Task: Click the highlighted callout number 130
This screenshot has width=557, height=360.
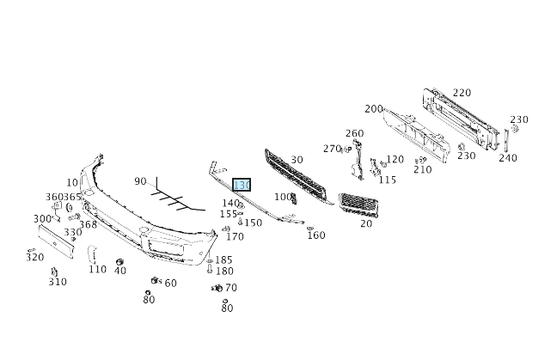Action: (242, 185)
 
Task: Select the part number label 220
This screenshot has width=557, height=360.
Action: (462, 93)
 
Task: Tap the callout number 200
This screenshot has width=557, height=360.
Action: (373, 109)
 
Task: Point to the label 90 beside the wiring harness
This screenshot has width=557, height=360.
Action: (140, 181)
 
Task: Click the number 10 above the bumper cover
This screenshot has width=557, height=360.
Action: (71, 182)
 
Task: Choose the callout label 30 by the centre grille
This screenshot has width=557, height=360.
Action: (297, 160)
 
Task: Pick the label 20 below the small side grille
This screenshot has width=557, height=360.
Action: (366, 223)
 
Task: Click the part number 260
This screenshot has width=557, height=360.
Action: (354, 133)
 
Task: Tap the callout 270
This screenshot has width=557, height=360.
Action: (332, 149)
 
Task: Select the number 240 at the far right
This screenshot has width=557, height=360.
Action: (507, 158)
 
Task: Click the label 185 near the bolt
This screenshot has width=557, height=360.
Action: (223, 259)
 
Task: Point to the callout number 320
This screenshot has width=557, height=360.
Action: (34, 257)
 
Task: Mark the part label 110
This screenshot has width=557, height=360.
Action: (97, 269)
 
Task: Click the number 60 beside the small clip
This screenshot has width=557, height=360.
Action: (170, 283)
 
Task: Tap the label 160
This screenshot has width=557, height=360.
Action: (316, 235)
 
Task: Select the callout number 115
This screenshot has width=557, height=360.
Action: (388, 180)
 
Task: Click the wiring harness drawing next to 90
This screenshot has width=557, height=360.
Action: (176, 200)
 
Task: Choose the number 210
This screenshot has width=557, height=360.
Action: (422, 169)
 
